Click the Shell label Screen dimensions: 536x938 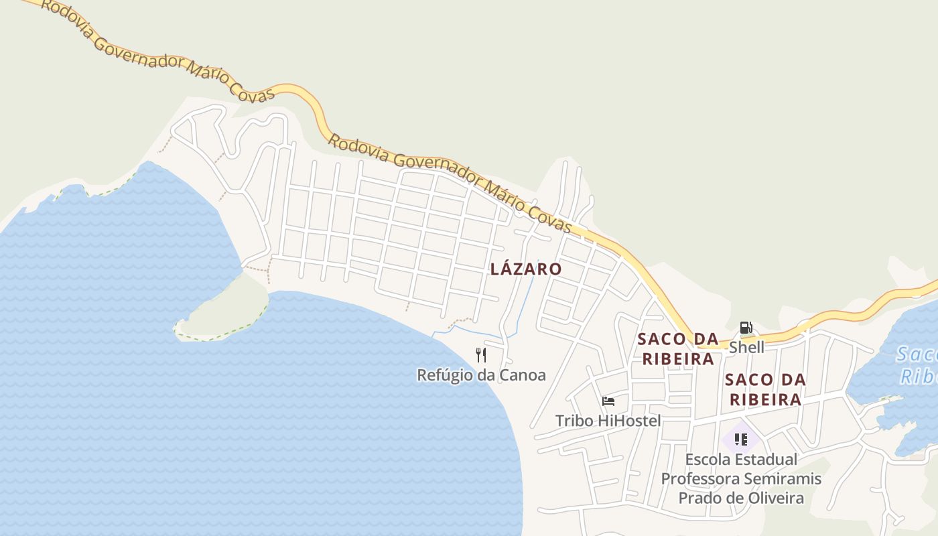[x=746, y=348]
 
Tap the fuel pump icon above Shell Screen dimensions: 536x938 [x=746, y=328]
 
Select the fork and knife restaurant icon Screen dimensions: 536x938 [x=480, y=355]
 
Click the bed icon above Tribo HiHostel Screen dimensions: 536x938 [x=608, y=401]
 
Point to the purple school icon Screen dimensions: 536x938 [x=740, y=440]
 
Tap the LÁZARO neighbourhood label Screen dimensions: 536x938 [x=526, y=269]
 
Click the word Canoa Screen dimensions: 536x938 [x=521, y=375]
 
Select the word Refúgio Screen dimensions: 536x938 [x=445, y=375]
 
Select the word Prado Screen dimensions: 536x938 [x=699, y=498]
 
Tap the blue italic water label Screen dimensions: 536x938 [x=917, y=365]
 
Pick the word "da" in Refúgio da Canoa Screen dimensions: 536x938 [x=486, y=375]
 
